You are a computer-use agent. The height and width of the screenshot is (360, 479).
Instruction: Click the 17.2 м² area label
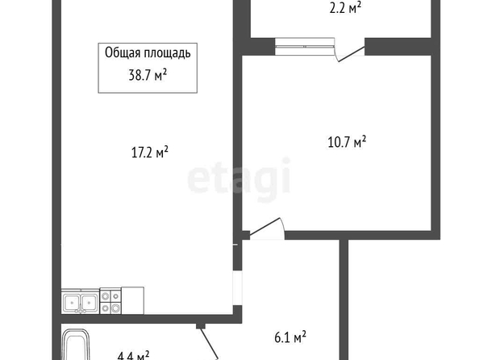click(150, 152)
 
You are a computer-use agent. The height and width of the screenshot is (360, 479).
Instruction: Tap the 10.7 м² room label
click(347, 142)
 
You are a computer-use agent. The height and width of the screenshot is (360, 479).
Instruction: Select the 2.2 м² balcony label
click(345, 8)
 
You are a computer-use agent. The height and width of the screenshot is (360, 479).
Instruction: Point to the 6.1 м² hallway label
click(290, 337)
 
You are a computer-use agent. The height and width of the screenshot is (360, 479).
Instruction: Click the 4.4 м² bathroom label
click(134, 356)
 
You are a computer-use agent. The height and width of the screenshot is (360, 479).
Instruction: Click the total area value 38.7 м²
click(148, 74)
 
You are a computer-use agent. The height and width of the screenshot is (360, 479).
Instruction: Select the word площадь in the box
click(168, 53)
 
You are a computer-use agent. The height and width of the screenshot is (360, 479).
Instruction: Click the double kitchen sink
click(81, 301)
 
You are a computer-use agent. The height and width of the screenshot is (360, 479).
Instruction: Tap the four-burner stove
click(110, 301)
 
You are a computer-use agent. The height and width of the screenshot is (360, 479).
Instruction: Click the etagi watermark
click(239, 179)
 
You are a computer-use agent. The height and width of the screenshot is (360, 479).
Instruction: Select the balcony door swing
click(350, 54)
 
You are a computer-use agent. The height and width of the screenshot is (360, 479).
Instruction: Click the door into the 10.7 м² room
click(265, 228)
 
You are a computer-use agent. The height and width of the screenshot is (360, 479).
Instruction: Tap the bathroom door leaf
click(209, 344)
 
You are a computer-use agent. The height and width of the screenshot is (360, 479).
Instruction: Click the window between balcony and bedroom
click(305, 47)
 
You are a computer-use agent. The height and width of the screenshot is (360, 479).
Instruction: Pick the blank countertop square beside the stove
click(132, 300)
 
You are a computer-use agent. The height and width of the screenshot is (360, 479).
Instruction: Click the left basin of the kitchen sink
click(72, 301)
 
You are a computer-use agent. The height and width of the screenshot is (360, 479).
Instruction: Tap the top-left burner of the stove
click(106, 295)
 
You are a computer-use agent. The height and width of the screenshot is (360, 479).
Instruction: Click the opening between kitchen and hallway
click(237, 287)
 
